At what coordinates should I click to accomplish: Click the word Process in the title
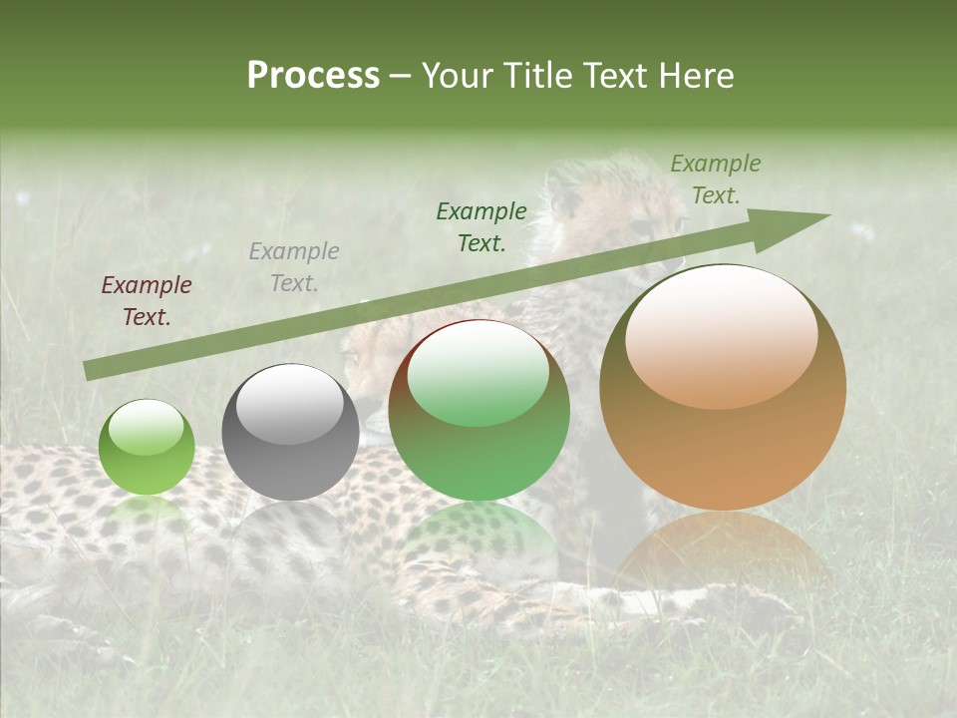point(313,76)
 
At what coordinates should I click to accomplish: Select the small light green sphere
point(147,447)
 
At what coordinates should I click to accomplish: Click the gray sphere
point(290,432)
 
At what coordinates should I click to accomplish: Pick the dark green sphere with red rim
point(478,410)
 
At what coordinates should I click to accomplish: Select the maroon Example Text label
point(147,301)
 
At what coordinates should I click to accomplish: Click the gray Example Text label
point(294,267)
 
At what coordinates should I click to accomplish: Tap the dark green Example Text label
point(481,227)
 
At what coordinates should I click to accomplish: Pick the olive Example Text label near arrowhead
point(715,179)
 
